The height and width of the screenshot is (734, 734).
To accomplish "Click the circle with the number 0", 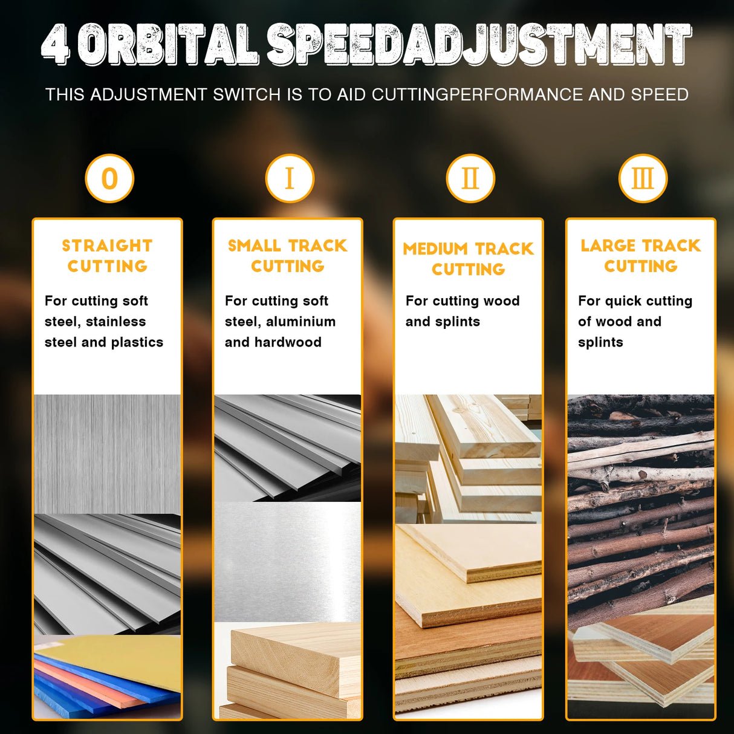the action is coord(109,178).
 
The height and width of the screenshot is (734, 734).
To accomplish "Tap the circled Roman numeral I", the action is coord(290,178).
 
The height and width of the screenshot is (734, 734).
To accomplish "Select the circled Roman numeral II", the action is coord(470,178).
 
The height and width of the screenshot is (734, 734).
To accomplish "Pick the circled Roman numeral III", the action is coord(643,178).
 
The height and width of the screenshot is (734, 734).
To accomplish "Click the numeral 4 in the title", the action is coord(56,44).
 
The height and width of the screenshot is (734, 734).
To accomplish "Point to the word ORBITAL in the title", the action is coord(168,44).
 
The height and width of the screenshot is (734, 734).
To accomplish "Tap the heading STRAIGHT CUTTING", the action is coord(108,256).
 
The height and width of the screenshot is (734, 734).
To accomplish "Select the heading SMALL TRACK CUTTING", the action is coord(288,256).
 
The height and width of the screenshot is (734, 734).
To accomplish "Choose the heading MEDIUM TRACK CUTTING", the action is coord(468,259).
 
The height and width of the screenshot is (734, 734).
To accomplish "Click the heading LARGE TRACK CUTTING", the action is coord(641,256).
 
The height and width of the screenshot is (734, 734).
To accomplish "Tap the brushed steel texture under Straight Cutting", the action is coord(108,454).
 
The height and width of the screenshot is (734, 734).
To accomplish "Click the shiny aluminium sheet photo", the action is coord(288,562).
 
